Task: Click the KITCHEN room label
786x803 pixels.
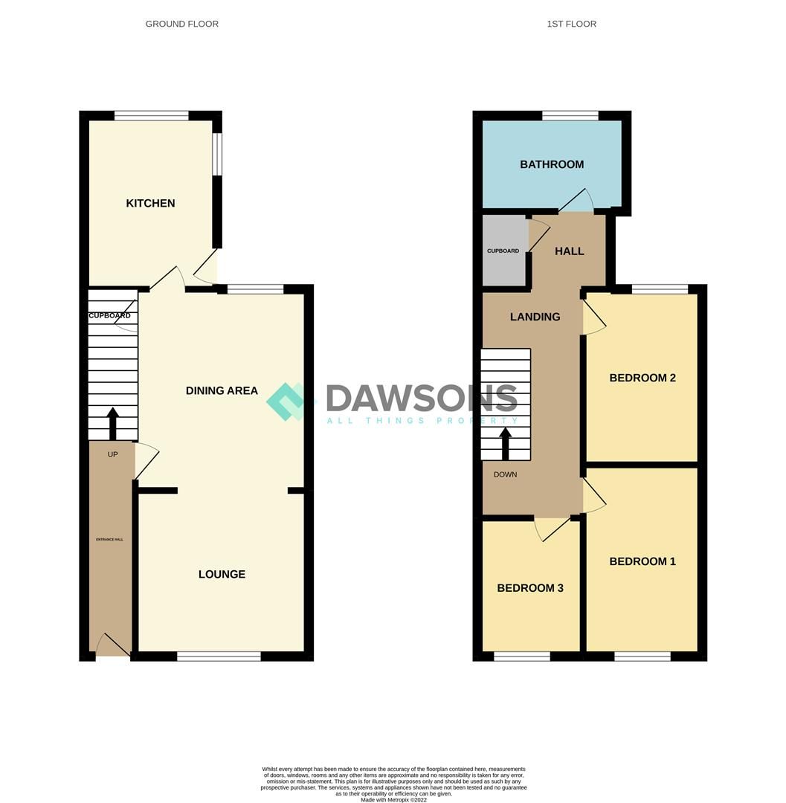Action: [x=150, y=203]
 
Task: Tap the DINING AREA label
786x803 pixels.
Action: [x=222, y=390]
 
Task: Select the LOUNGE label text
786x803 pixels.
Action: [x=222, y=574]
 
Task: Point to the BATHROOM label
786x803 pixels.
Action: [x=552, y=164]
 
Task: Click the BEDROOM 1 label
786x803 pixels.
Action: [x=642, y=561]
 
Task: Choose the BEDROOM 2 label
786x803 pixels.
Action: [x=642, y=378]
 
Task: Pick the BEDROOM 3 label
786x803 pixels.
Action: [x=530, y=588]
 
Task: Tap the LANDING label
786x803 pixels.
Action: [x=535, y=317]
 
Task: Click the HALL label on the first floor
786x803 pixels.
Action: [x=570, y=251]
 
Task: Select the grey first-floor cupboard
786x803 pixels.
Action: [x=503, y=251]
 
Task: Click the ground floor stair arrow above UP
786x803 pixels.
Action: [x=113, y=423]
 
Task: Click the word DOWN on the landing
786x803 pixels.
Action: [x=505, y=474]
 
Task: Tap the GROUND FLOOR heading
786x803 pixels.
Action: [x=182, y=24]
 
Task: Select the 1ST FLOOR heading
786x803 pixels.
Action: [x=571, y=24]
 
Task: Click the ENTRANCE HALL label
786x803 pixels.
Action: [x=110, y=539]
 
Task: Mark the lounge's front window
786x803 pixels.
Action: [x=219, y=656]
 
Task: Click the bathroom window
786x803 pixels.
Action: [x=570, y=115]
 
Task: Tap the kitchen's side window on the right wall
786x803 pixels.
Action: [x=217, y=154]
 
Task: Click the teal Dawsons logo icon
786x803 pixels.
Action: [x=287, y=401]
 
